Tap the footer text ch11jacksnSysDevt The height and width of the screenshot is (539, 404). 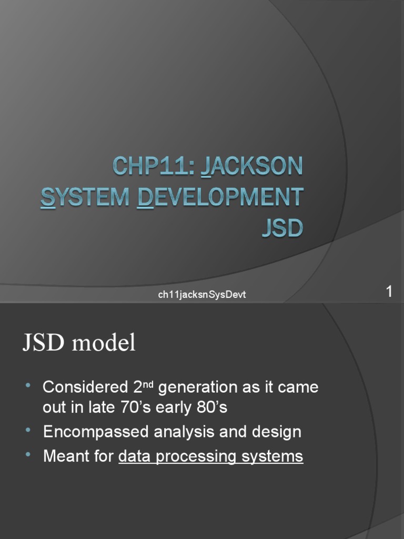[202, 295]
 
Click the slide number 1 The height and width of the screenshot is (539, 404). [389, 292]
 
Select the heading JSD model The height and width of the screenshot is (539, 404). [79, 343]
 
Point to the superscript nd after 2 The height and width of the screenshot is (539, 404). [148, 384]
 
